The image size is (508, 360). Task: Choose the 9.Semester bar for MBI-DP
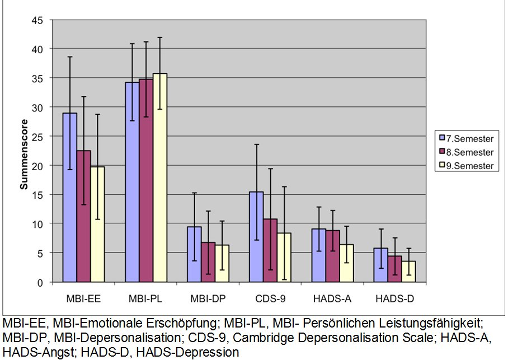coord(222,263)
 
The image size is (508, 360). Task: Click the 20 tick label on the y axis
coord(36,166)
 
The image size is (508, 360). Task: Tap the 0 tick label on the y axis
coord(39,283)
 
